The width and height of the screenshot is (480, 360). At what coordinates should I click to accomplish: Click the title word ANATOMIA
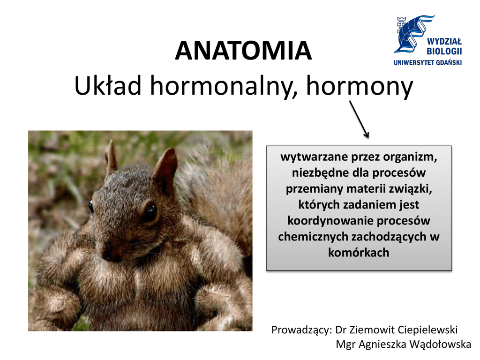243,51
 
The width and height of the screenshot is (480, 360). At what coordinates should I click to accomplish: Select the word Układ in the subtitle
108,86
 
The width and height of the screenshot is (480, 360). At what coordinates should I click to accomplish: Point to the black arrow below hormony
359,120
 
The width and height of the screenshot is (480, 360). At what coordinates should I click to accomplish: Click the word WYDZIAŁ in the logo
444,42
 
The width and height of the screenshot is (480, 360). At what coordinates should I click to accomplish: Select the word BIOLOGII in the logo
444,51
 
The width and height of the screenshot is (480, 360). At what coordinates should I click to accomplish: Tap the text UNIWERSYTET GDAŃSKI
427,63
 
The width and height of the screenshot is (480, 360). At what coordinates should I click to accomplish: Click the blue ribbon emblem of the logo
412,34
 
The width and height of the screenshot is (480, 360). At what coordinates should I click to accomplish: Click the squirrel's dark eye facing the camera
150,212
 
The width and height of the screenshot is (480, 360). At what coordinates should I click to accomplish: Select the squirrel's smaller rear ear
111,157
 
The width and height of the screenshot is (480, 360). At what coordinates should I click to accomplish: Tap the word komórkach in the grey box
359,253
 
